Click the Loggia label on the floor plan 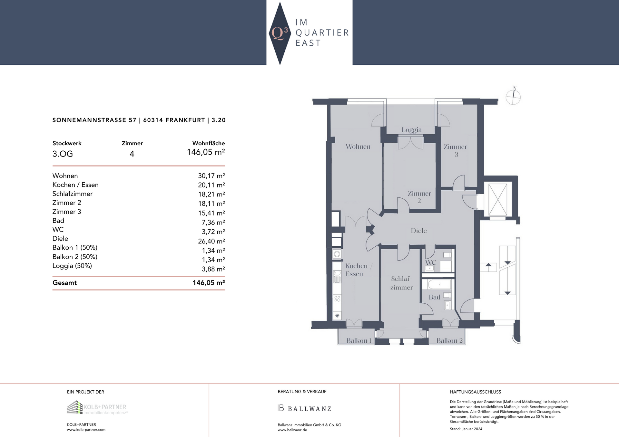tap(411, 130)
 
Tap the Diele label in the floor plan tap(418, 231)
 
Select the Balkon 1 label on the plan tap(359, 340)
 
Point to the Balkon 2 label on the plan tap(449, 340)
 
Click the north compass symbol tap(513, 97)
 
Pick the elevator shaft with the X tap(497, 199)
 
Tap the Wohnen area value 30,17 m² tap(211, 176)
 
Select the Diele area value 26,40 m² tap(211, 241)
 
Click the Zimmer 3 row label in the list tap(67, 212)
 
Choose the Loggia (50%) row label tap(72, 266)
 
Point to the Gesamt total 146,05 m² tap(209, 283)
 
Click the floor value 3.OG tap(63, 154)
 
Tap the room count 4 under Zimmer tap(132, 154)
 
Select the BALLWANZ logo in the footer tap(304, 408)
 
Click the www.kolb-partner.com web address tap(86, 430)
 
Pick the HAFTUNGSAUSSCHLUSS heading tap(475, 392)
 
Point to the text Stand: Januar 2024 tap(466, 429)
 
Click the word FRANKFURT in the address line tap(185, 120)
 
